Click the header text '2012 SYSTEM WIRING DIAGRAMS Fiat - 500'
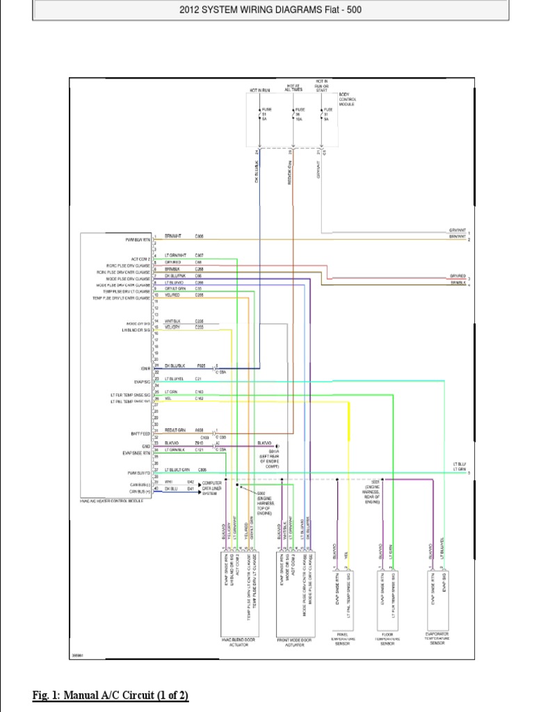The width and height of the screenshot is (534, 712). click(x=270, y=10)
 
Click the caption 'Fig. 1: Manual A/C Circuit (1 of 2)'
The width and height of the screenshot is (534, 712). click(x=111, y=695)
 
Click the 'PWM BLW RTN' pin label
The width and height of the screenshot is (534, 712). click(x=138, y=238)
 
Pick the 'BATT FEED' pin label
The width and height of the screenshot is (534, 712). click(x=141, y=434)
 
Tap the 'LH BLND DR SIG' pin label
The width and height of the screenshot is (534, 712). click(x=136, y=330)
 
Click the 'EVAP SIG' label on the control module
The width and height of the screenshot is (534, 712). click(x=143, y=382)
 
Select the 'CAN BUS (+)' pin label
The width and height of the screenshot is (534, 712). click(x=139, y=492)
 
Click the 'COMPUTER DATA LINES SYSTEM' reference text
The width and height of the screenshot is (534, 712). click(x=212, y=488)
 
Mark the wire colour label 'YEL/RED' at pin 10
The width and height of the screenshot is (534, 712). click(x=172, y=295)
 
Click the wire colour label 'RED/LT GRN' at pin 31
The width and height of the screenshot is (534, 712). click(x=175, y=430)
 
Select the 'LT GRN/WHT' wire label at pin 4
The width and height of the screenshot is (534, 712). click(x=176, y=255)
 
